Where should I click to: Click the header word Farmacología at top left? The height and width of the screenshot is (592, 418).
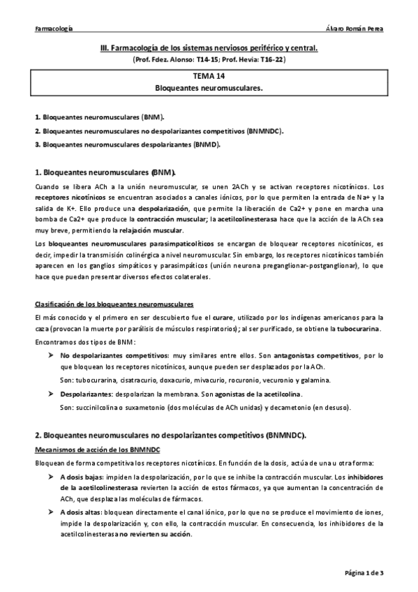click(54, 29)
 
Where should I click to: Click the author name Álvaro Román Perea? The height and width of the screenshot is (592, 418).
click(355, 29)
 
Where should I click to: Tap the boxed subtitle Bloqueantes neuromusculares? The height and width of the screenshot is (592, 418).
click(209, 89)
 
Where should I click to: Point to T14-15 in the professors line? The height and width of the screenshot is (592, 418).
click(198, 61)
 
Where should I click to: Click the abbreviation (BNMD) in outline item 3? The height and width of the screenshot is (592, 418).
click(207, 145)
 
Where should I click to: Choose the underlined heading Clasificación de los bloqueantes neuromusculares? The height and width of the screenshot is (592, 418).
click(114, 305)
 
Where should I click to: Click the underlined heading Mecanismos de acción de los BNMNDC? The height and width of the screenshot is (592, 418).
click(98, 450)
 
